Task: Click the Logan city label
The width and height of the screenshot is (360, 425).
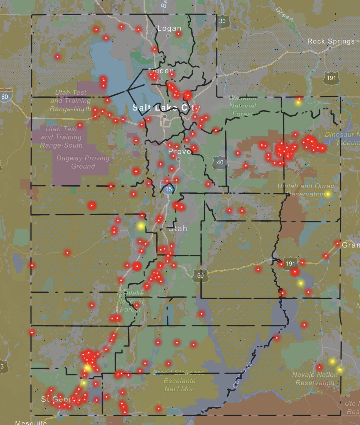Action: (169, 29)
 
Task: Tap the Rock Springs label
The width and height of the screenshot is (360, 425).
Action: (331, 41)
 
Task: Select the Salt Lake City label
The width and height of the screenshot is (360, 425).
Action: (166, 108)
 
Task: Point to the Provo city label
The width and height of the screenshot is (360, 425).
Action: (179, 152)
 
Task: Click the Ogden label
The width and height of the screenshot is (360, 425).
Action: (161, 71)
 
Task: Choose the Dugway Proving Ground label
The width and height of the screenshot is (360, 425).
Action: (83, 162)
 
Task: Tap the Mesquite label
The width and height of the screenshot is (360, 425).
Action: (31, 423)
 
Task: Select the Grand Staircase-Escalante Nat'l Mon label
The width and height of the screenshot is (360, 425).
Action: (179, 381)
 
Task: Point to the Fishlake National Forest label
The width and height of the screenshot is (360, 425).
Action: (130, 301)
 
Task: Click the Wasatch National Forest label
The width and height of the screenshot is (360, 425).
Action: (243, 106)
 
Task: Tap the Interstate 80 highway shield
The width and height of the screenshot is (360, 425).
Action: (5, 97)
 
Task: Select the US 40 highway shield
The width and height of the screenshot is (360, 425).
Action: (220, 163)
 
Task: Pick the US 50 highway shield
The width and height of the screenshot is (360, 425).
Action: (200, 275)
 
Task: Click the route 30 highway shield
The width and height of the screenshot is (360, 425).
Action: (222, 21)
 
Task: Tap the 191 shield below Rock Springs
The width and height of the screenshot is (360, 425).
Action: (331, 78)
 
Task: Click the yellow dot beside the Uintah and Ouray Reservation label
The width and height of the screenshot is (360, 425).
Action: (328, 194)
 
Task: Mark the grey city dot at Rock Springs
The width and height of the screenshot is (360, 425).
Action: (330, 49)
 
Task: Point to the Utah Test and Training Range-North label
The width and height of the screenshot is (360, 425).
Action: (70, 101)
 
